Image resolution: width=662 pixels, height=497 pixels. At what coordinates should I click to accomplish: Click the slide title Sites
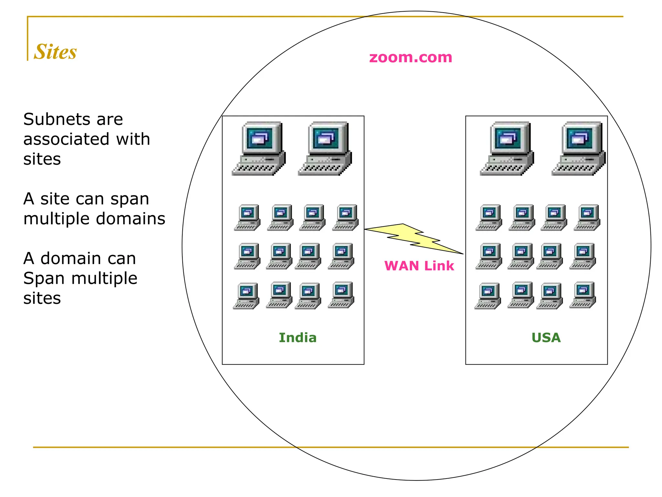pyautogui.click(x=55, y=52)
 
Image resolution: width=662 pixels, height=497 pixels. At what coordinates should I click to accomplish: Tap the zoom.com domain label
pyautogui.click(x=411, y=58)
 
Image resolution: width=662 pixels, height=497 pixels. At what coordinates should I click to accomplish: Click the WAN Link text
pyautogui.click(x=419, y=266)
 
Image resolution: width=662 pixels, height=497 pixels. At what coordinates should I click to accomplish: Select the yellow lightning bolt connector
pyautogui.click(x=414, y=239)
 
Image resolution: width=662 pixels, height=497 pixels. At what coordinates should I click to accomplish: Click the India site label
pyautogui.click(x=298, y=338)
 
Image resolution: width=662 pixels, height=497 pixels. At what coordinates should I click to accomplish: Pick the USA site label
pyautogui.click(x=546, y=338)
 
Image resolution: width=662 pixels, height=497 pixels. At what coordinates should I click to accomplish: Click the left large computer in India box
pyautogui.click(x=259, y=149)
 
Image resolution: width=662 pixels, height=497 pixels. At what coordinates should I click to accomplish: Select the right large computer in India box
pyautogui.click(x=325, y=149)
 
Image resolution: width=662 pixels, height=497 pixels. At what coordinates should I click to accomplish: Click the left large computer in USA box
pyautogui.click(x=507, y=149)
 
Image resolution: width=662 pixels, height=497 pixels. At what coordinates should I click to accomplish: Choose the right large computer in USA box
pyautogui.click(x=579, y=149)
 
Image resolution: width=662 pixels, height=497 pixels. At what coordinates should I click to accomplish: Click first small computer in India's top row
pyautogui.click(x=248, y=217)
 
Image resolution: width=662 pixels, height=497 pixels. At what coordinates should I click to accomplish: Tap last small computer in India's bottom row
pyautogui.click(x=341, y=295)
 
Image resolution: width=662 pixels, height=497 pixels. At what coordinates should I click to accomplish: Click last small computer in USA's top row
pyautogui.click(x=587, y=217)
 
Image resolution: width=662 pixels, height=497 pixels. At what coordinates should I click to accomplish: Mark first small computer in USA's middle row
pyautogui.click(x=489, y=256)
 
